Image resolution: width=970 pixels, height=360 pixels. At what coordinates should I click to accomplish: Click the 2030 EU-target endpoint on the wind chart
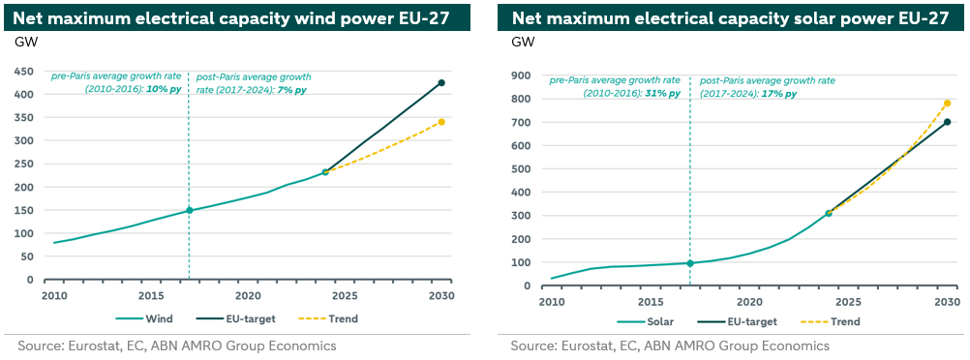pos(441,83)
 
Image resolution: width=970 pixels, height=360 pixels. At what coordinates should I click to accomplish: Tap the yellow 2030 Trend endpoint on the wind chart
pos(441,122)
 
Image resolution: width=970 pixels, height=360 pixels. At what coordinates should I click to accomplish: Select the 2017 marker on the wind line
pos(190,210)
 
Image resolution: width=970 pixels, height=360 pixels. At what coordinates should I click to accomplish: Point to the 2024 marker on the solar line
pos(829,213)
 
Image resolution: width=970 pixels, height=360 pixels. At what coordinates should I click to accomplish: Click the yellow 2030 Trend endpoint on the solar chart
pos(947,104)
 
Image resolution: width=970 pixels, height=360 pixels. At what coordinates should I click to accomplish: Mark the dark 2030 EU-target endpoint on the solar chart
pos(947,122)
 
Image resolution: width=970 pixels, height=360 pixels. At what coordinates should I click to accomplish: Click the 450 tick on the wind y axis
pos(25,72)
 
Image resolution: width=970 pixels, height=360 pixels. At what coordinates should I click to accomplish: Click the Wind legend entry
pos(144,319)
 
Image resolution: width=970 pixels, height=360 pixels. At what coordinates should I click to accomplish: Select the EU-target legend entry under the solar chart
pos(736,321)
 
